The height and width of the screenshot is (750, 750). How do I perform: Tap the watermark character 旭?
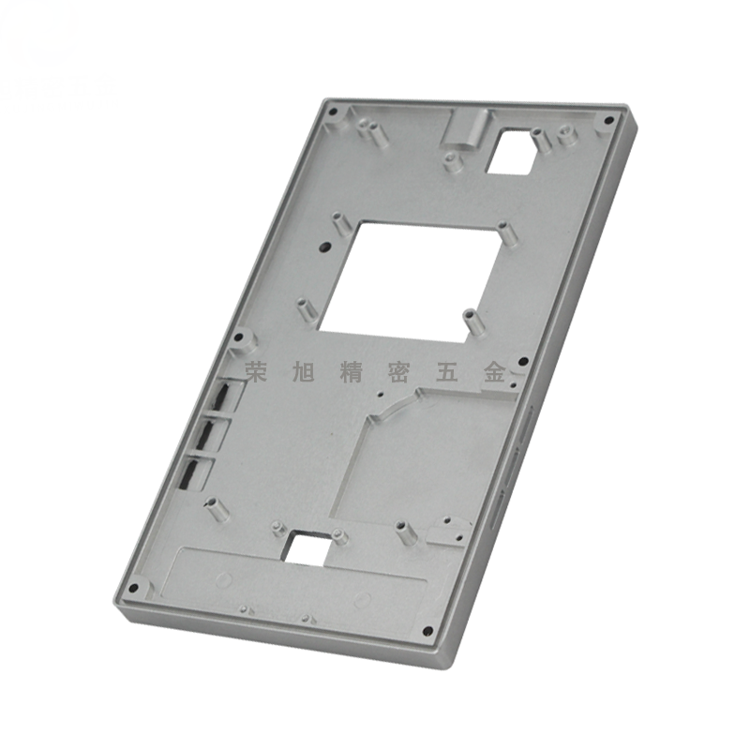302,371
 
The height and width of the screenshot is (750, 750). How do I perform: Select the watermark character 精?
350,371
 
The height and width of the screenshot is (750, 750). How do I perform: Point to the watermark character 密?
398,371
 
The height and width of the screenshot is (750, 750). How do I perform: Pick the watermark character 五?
447,371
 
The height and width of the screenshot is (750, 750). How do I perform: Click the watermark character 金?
495,371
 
